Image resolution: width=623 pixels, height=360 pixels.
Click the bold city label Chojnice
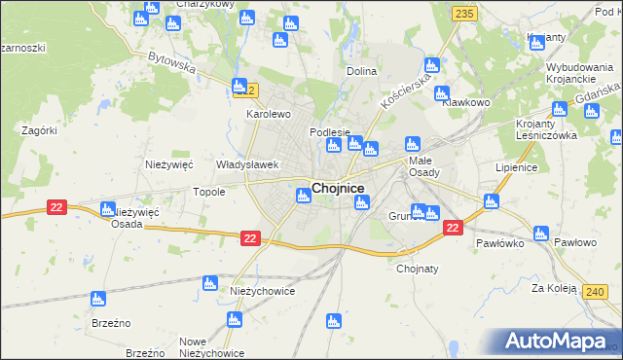pyautogui.click(x=338, y=188)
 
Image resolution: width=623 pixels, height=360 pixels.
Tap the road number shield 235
pyautogui.click(x=464, y=14)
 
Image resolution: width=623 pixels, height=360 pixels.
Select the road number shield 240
pyautogui.click(x=596, y=291)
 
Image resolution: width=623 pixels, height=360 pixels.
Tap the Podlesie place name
pyautogui.click(x=329, y=132)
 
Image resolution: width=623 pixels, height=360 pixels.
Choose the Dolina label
pyautogui.click(x=362, y=72)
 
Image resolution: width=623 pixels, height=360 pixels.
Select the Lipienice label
pyautogui.click(x=516, y=167)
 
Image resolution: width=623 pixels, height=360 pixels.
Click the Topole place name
pyautogui.click(x=209, y=192)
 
